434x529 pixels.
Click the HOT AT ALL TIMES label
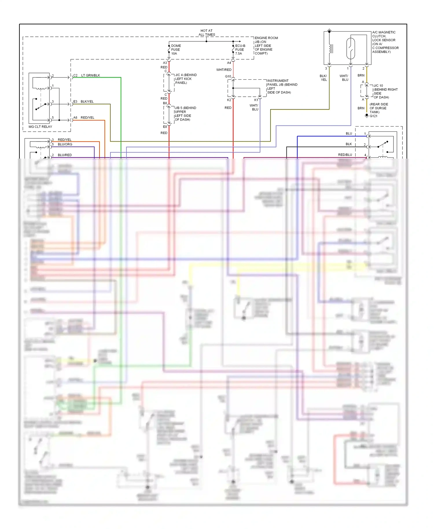tap(207, 32)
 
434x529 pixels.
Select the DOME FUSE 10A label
tap(176, 49)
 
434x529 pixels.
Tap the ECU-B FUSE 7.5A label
tap(240, 49)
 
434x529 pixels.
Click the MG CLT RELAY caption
tap(40, 127)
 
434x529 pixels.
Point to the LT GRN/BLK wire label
tap(90, 75)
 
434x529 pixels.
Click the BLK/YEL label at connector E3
tap(87, 102)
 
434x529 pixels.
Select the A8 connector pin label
tap(75, 117)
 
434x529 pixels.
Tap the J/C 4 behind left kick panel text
tap(185, 79)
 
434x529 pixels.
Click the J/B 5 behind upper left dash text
tap(185, 113)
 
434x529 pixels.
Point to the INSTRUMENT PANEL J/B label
tap(282, 87)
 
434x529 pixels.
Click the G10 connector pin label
tap(228, 76)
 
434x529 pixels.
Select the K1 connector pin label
tap(256, 100)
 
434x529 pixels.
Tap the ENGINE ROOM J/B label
tap(266, 45)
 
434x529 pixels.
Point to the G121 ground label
tap(374, 116)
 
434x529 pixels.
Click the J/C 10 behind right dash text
tap(385, 91)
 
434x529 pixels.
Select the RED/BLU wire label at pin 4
tap(345, 155)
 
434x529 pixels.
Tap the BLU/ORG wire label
tap(65, 144)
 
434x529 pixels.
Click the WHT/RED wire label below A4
tap(224, 70)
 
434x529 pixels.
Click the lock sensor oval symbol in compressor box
tap(350, 48)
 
